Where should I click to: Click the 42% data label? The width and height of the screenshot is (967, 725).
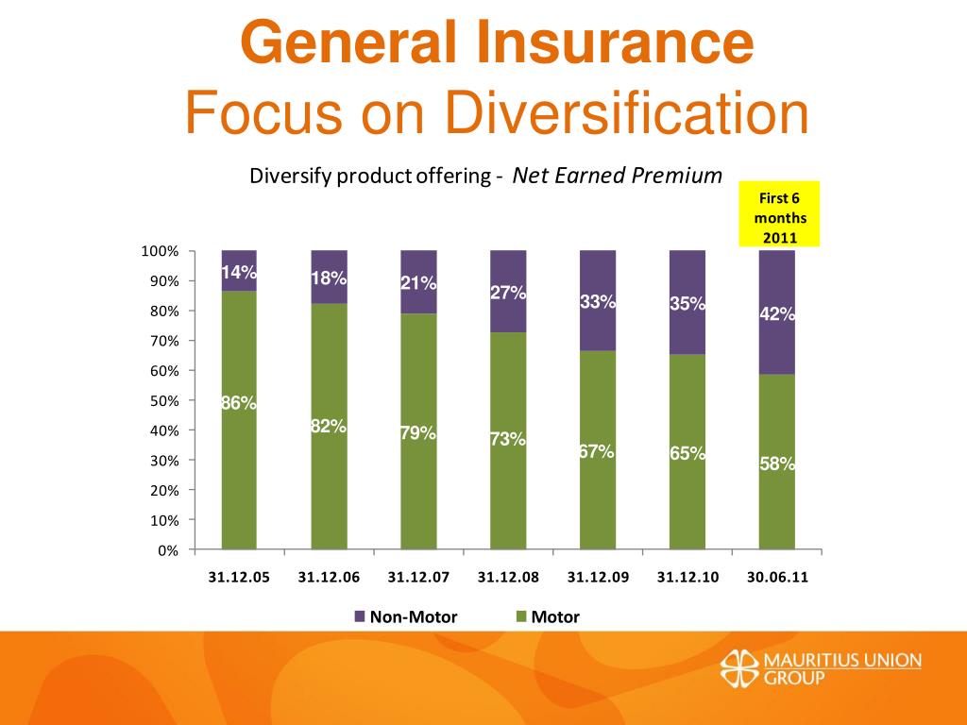coord(777,315)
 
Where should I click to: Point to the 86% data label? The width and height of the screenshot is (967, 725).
coord(239,403)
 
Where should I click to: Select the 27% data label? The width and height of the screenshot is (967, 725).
coord(508,293)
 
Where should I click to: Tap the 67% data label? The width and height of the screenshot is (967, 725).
coord(597,452)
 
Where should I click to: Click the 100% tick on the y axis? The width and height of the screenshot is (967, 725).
coord(160,251)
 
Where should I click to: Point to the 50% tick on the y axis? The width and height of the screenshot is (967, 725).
coord(163,400)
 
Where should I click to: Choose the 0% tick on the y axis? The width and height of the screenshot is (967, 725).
coord(167,550)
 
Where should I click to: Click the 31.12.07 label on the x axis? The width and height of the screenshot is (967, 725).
coord(418,578)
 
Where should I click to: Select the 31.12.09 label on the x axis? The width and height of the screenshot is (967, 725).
coord(598,578)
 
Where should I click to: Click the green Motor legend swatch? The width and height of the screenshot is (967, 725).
coord(520,617)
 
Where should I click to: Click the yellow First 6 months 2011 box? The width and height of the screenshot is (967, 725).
coord(780,213)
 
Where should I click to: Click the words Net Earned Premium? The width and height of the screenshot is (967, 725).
coord(617,176)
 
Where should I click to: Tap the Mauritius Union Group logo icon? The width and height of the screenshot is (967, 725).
coord(739,667)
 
